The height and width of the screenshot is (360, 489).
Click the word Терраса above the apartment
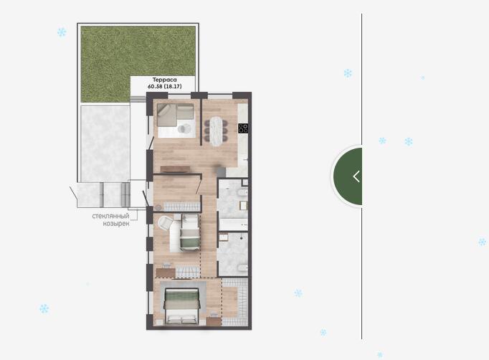[164, 80]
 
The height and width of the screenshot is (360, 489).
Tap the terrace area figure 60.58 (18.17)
[164, 86]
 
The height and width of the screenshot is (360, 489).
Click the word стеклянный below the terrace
[110, 216]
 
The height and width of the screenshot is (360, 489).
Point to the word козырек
[116, 224]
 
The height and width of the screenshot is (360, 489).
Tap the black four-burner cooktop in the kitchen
[243, 128]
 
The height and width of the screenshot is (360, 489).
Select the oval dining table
[217, 131]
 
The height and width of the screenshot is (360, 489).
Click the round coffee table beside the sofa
[184, 128]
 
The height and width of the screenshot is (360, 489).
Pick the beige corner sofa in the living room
[175, 115]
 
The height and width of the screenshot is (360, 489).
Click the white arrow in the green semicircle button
[356, 176]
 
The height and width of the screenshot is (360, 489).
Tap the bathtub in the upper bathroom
[233, 224]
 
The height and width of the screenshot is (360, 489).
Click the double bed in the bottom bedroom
[182, 306]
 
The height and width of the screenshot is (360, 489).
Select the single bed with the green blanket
[190, 232]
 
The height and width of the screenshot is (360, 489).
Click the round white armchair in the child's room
[166, 223]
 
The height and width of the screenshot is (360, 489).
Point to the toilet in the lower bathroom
[242, 267]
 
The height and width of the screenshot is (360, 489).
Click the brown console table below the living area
[175, 169]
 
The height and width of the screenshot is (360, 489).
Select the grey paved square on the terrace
[105, 144]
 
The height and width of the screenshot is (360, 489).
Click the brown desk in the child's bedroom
[166, 273]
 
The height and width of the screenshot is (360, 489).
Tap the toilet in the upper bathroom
[242, 193]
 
